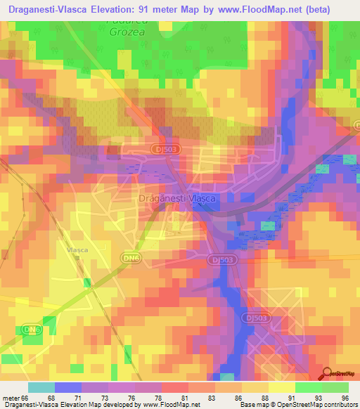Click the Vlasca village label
tap(77, 249)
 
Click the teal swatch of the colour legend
tap(41, 387)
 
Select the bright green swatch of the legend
tap(308, 387)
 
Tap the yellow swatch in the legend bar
tap(281, 387)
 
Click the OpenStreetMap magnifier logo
tap(327, 373)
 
